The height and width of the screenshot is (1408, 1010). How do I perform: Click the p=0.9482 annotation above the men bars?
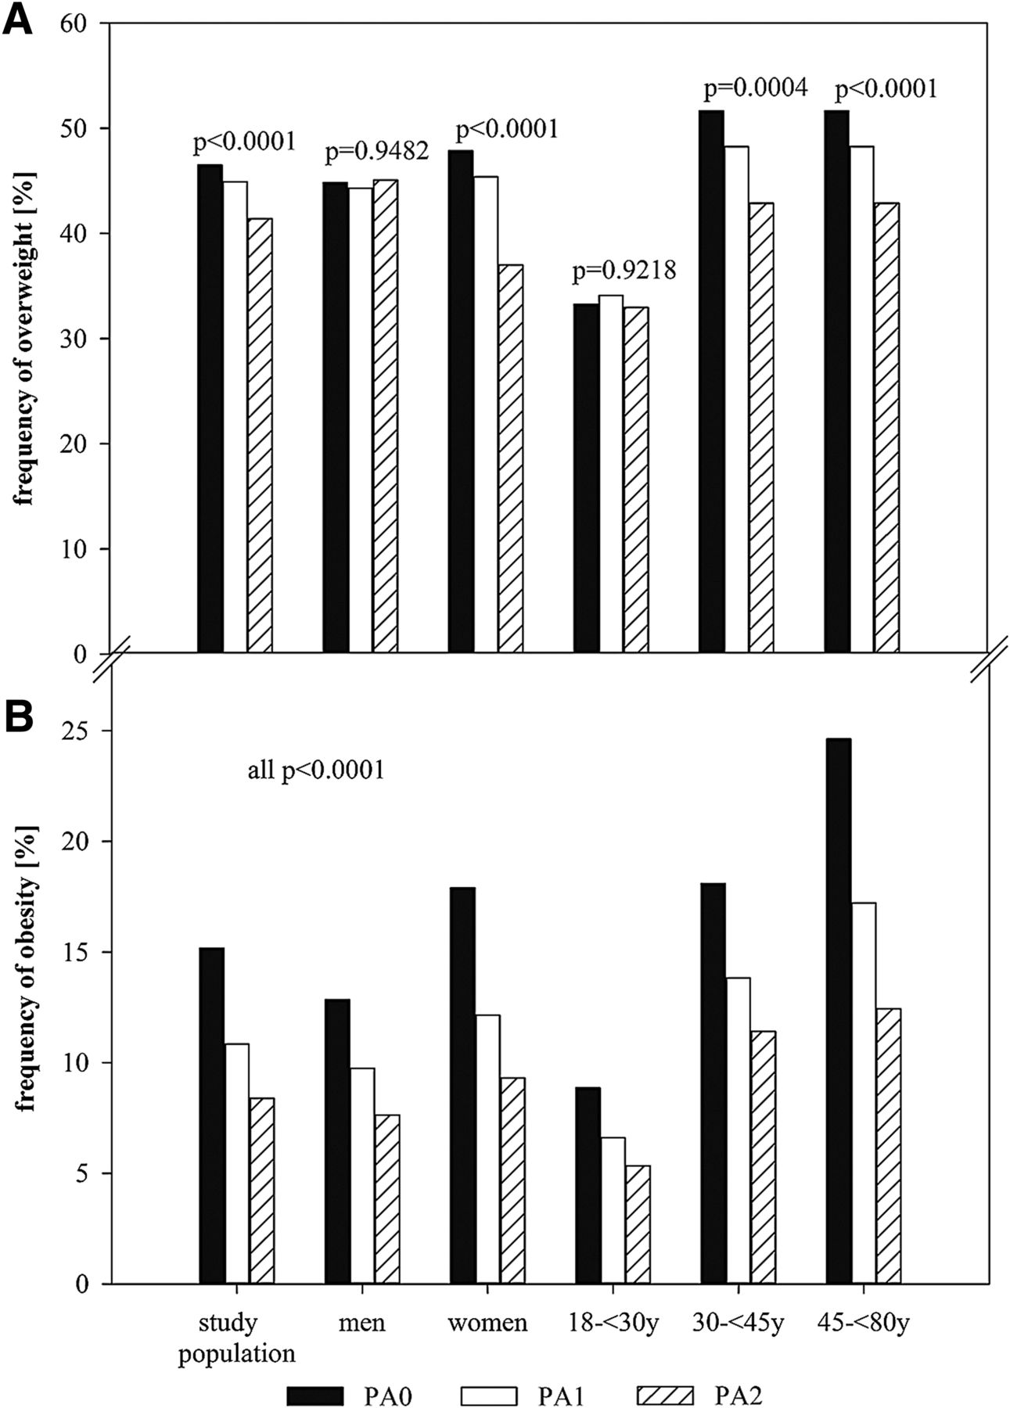point(377,153)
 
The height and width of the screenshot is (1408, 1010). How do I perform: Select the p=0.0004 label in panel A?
point(755,89)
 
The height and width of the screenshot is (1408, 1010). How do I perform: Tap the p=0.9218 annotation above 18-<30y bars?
point(624,272)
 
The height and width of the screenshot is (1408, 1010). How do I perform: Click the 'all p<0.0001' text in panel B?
point(316,770)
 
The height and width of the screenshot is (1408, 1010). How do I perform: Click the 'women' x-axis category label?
point(487,1324)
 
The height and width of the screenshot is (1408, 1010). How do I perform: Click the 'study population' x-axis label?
point(236,1338)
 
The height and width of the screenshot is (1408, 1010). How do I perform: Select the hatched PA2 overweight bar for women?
point(510,458)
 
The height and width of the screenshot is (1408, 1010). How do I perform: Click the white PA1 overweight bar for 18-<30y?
point(611,474)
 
